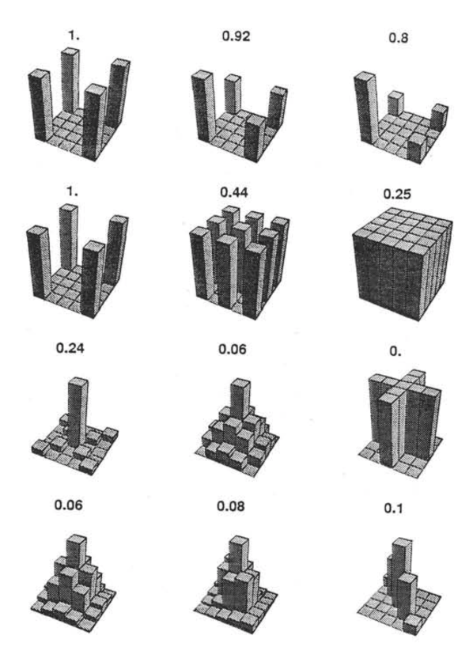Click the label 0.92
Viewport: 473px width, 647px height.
tap(236, 36)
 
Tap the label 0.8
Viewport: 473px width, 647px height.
tap(399, 38)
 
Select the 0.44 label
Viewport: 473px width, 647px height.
tap(234, 192)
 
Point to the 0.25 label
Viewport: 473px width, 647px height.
tap(397, 194)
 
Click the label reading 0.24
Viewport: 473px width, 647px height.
tap(70, 348)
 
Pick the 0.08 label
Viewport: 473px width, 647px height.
tap(231, 506)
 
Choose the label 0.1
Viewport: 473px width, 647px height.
tap(393, 509)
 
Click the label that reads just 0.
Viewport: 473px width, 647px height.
tap(395, 351)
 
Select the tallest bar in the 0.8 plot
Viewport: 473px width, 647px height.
tap(366, 108)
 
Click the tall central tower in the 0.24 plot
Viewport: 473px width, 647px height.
tap(78, 412)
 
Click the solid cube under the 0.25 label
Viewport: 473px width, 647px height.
tap(402, 264)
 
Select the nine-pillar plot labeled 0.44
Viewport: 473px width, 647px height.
tap(240, 263)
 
